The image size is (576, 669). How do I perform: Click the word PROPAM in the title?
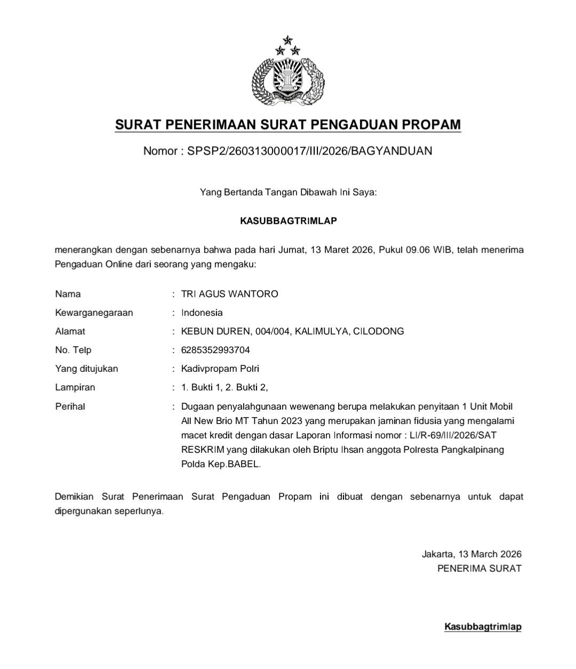coord(430,125)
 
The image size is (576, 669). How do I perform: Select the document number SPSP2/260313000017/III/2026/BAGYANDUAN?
coord(309,151)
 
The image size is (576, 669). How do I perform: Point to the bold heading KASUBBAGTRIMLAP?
coord(289,221)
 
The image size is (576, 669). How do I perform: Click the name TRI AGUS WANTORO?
coord(229,294)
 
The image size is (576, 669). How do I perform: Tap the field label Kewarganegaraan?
coord(94,313)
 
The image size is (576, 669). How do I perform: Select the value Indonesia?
coord(202,313)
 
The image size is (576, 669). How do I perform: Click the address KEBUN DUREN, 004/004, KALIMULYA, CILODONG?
coord(292,331)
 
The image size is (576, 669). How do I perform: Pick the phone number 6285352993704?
coord(215,350)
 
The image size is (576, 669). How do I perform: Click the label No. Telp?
coord(73,350)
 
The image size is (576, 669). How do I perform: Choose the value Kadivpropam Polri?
coord(220,369)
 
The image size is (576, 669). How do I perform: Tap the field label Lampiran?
coord(75,387)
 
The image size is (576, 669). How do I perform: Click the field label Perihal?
coord(70,406)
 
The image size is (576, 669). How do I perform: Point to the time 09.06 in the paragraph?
coord(419,250)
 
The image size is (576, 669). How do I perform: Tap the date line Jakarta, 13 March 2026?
coord(471,554)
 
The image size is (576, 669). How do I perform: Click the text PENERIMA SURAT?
coord(479,568)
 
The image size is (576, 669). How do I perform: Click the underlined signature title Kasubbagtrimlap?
coord(483,627)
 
